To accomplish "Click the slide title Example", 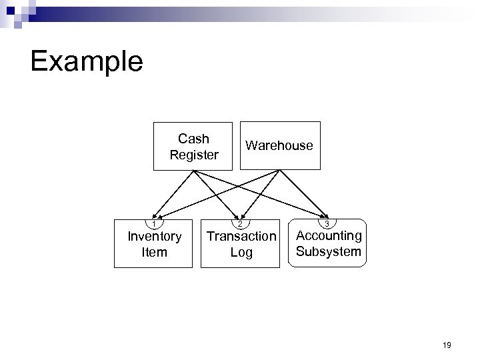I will [x=87, y=61].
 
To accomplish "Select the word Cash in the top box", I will [x=193, y=139].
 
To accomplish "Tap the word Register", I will [x=193, y=155].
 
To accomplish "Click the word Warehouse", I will [x=279, y=145].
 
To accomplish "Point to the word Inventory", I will [x=154, y=237].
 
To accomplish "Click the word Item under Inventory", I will [x=154, y=252].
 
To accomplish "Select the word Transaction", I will [x=241, y=237].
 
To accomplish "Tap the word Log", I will [x=241, y=252].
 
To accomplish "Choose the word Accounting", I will [x=329, y=235].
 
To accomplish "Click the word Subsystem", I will [x=329, y=251].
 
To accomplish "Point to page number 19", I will [x=447, y=345].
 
